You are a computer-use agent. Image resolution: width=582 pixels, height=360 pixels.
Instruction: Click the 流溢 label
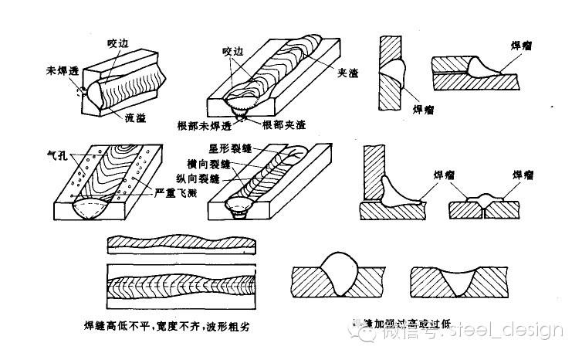click(136, 117)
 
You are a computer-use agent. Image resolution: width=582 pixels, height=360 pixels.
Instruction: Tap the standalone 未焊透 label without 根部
click(59, 71)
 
